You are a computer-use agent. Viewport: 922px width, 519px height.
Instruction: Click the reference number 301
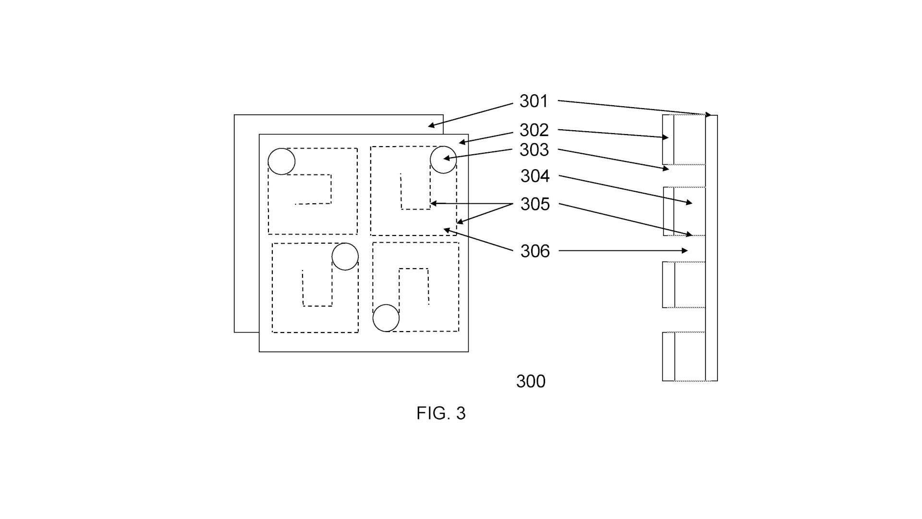[534, 101]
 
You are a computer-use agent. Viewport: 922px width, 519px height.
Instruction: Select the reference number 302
[534, 130]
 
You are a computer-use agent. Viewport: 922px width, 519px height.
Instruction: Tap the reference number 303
[534, 150]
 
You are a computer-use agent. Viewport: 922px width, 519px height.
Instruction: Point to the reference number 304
[535, 176]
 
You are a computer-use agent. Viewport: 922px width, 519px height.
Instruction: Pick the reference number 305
[535, 204]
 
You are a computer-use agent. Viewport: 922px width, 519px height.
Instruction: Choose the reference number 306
[535, 251]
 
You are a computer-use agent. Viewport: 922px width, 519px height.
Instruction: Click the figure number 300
[531, 382]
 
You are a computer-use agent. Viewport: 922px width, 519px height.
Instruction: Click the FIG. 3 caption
[441, 413]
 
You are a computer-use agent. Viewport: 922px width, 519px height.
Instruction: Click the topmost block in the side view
[684, 139]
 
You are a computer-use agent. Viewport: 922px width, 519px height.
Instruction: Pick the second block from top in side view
[684, 211]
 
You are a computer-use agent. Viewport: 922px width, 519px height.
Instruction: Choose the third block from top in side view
[684, 284]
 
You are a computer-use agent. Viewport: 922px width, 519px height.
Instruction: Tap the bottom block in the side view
[684, 357]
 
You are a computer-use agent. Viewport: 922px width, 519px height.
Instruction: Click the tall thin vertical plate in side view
[712, 248]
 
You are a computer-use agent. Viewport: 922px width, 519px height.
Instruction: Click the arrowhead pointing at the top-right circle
[447, 158]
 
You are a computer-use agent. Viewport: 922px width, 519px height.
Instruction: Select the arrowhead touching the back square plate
[432, 126]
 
